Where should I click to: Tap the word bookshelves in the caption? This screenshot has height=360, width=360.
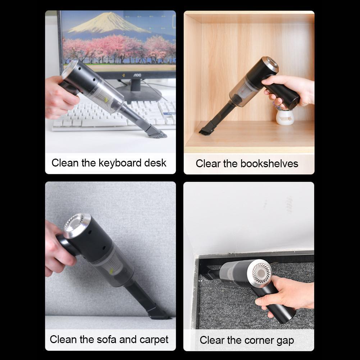pos(269,164)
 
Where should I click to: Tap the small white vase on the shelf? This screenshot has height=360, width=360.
pos(285,117)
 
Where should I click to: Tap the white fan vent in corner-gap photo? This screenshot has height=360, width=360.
pos(262,273)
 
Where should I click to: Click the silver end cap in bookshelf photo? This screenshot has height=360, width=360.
pos(270,64)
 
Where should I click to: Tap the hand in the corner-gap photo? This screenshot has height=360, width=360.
pos(288,293)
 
